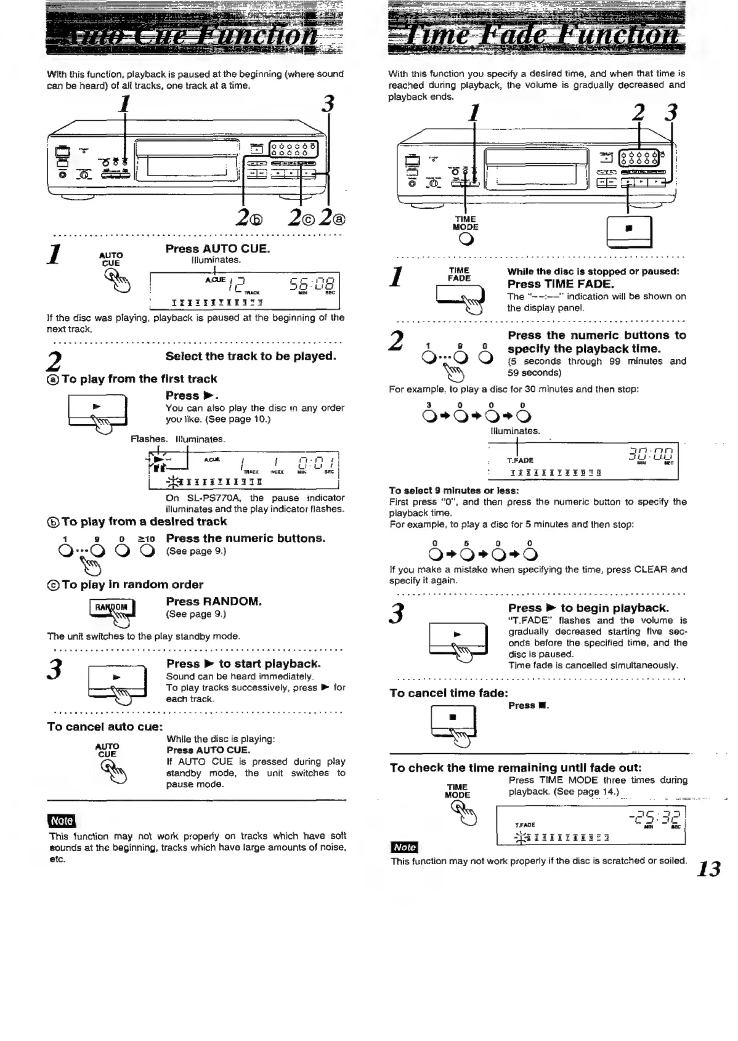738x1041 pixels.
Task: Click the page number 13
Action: tap(709, 869)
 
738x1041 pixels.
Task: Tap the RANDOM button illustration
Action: tap(112, 607)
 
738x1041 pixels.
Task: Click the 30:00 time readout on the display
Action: tap(652, 456)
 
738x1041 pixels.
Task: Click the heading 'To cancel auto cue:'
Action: tap(105, 727)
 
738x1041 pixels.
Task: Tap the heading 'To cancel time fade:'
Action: tap(448, 693)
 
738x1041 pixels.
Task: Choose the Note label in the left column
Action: tap(61, 820)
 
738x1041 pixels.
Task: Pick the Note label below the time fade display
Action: tap(404, 847)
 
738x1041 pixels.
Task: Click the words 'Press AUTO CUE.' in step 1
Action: tap(217, 249)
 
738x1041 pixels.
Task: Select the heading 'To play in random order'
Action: tap(125, 585)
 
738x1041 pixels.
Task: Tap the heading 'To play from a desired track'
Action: tap(137, 522)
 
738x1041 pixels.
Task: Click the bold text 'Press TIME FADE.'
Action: tap(561, 284)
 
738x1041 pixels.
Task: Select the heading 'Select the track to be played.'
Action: tap(251, 356)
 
